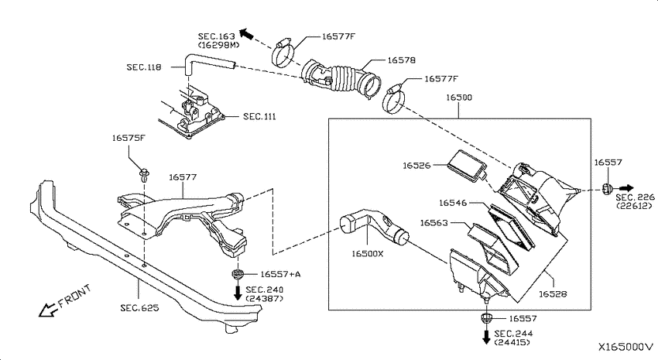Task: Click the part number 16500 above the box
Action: point(459,98)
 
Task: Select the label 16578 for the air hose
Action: point(401,60)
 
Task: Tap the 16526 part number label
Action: point(416,166)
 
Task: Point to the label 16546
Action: point(453,203)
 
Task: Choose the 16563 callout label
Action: point(434,223)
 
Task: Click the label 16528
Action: point(553,293)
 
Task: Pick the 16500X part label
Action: point(368,253)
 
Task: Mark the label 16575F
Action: point(129,138)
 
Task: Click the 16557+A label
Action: point(280,274)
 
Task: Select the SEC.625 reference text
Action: point(140,307)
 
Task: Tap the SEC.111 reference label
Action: point(260,116)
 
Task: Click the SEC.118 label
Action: point(144,67)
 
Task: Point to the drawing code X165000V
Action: point(625,347)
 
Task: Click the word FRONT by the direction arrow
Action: point(74,296)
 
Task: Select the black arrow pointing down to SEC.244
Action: point(486,337)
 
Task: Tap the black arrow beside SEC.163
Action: point(247,34)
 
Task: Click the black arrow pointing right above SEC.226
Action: point(626,188)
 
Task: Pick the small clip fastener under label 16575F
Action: point(144,174)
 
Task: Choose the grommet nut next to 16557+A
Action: point(238,275)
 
